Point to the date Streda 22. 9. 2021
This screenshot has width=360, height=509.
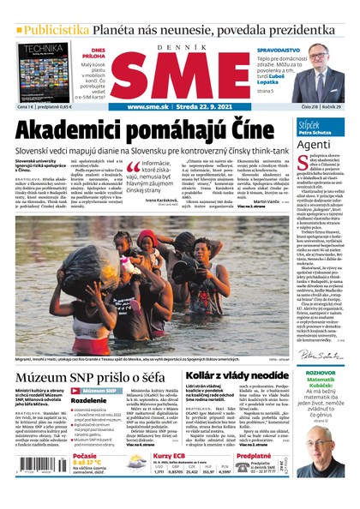point(211,107)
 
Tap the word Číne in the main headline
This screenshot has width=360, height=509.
point(254,130)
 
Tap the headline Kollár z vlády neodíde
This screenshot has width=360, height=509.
point(237,376)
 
